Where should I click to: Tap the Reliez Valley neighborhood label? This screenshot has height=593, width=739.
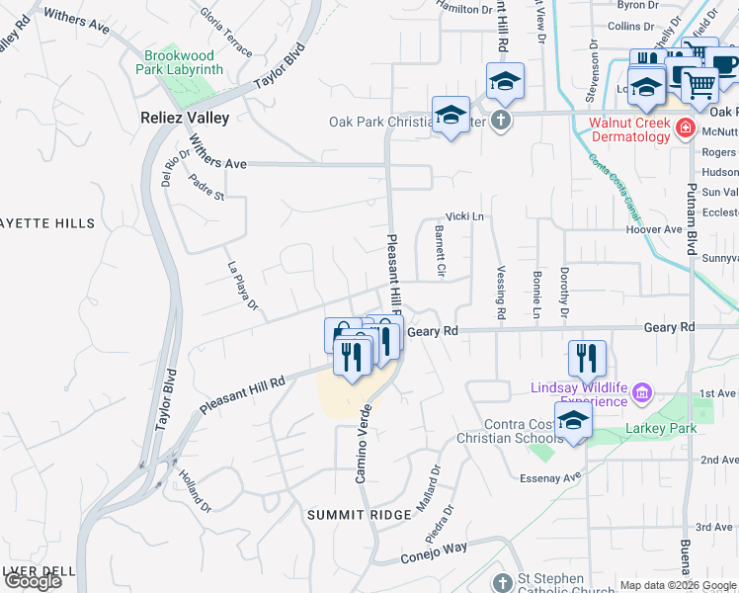(183, 118)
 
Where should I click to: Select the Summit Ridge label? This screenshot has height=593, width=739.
(352, 515)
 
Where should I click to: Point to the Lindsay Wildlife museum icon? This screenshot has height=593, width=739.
(642, 394)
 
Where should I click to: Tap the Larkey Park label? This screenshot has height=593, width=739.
(661, 428)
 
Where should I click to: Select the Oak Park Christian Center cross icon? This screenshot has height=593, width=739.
(501, 122)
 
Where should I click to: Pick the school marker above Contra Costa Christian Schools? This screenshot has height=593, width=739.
(573, 419)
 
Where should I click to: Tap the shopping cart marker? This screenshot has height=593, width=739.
(699, 85)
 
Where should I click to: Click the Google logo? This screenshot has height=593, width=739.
(33, 581)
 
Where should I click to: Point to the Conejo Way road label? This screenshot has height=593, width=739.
(434, 554)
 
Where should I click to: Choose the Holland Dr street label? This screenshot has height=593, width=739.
(195, 490)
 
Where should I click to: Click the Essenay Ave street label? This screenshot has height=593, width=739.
(551, 477)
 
